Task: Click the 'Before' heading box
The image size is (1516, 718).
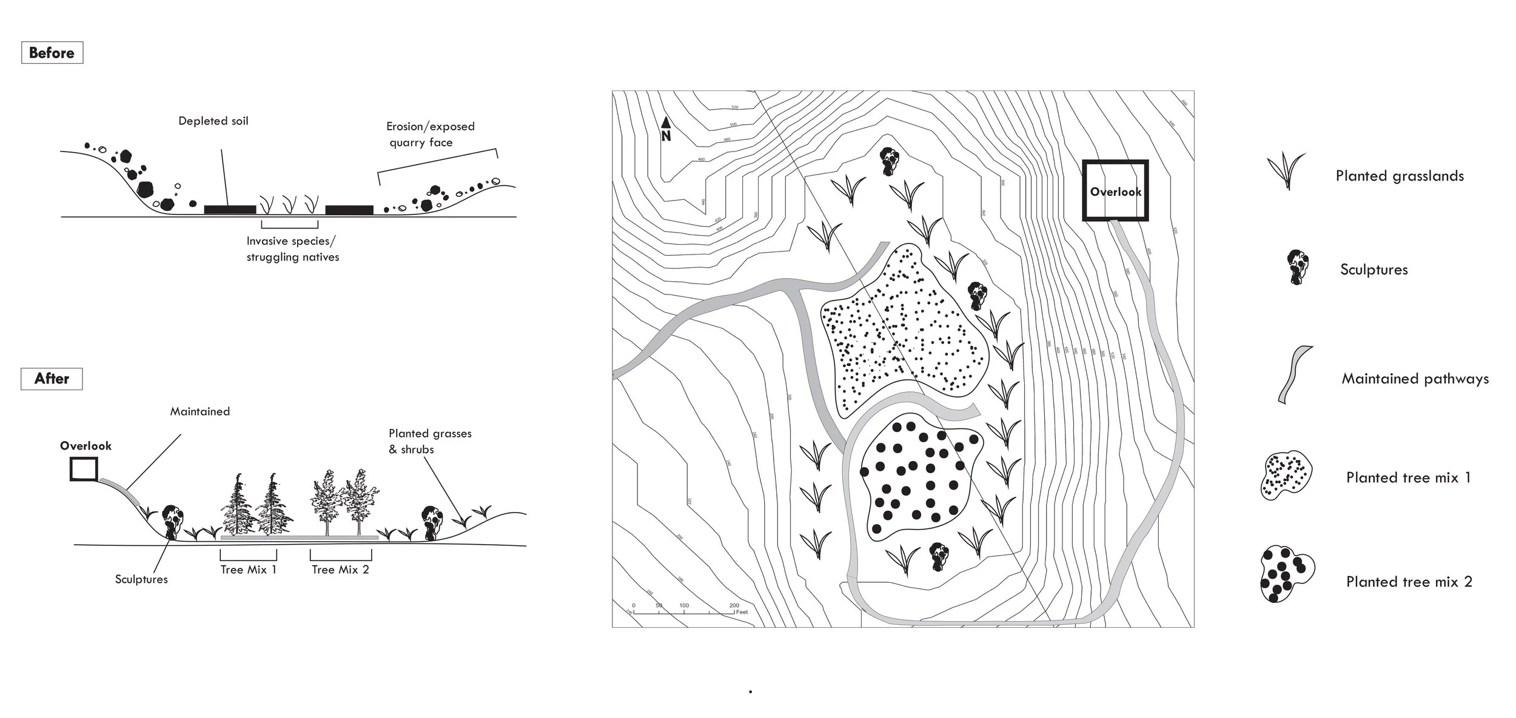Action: (52, 53)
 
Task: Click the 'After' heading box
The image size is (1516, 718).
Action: (52, 379)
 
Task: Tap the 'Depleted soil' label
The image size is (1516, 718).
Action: (213, 121)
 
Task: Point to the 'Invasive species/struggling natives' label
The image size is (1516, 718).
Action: (292, 249)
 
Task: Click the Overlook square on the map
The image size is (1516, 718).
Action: (1115, 191)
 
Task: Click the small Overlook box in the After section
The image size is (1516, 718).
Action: (84, 469)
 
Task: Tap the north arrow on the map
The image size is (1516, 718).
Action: (666, 128)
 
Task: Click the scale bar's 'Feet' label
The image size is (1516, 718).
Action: (742, 612)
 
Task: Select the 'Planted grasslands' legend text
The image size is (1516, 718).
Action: (1399, 176)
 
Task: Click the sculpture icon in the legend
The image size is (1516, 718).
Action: (1297, 267)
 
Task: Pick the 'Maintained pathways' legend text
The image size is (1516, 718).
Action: (1415, 379)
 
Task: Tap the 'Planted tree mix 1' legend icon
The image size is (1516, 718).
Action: (1286, 476)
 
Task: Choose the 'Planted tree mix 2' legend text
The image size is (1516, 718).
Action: (1409, 582)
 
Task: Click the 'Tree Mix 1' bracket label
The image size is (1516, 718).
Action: (249, 570)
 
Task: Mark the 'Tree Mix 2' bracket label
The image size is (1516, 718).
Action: (340, 570)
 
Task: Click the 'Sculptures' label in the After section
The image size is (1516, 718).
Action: (141, 579)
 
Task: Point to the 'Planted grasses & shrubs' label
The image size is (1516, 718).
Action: (429, 441)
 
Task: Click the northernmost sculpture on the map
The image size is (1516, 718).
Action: (890, 161)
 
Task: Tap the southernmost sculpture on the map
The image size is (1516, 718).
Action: (939, 557)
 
